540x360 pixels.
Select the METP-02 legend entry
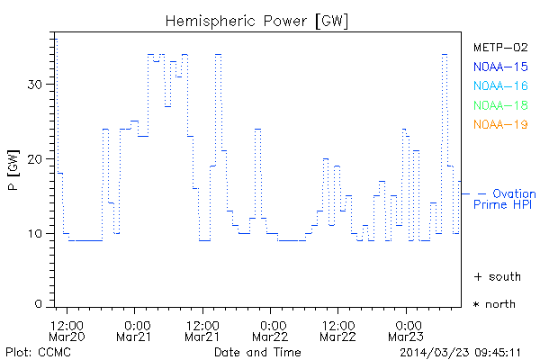500,47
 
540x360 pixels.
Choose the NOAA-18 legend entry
500,105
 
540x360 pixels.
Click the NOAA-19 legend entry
500,124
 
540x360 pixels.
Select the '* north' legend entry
494,304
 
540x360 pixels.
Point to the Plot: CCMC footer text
35,351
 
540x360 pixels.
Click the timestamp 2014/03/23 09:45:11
462,351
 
